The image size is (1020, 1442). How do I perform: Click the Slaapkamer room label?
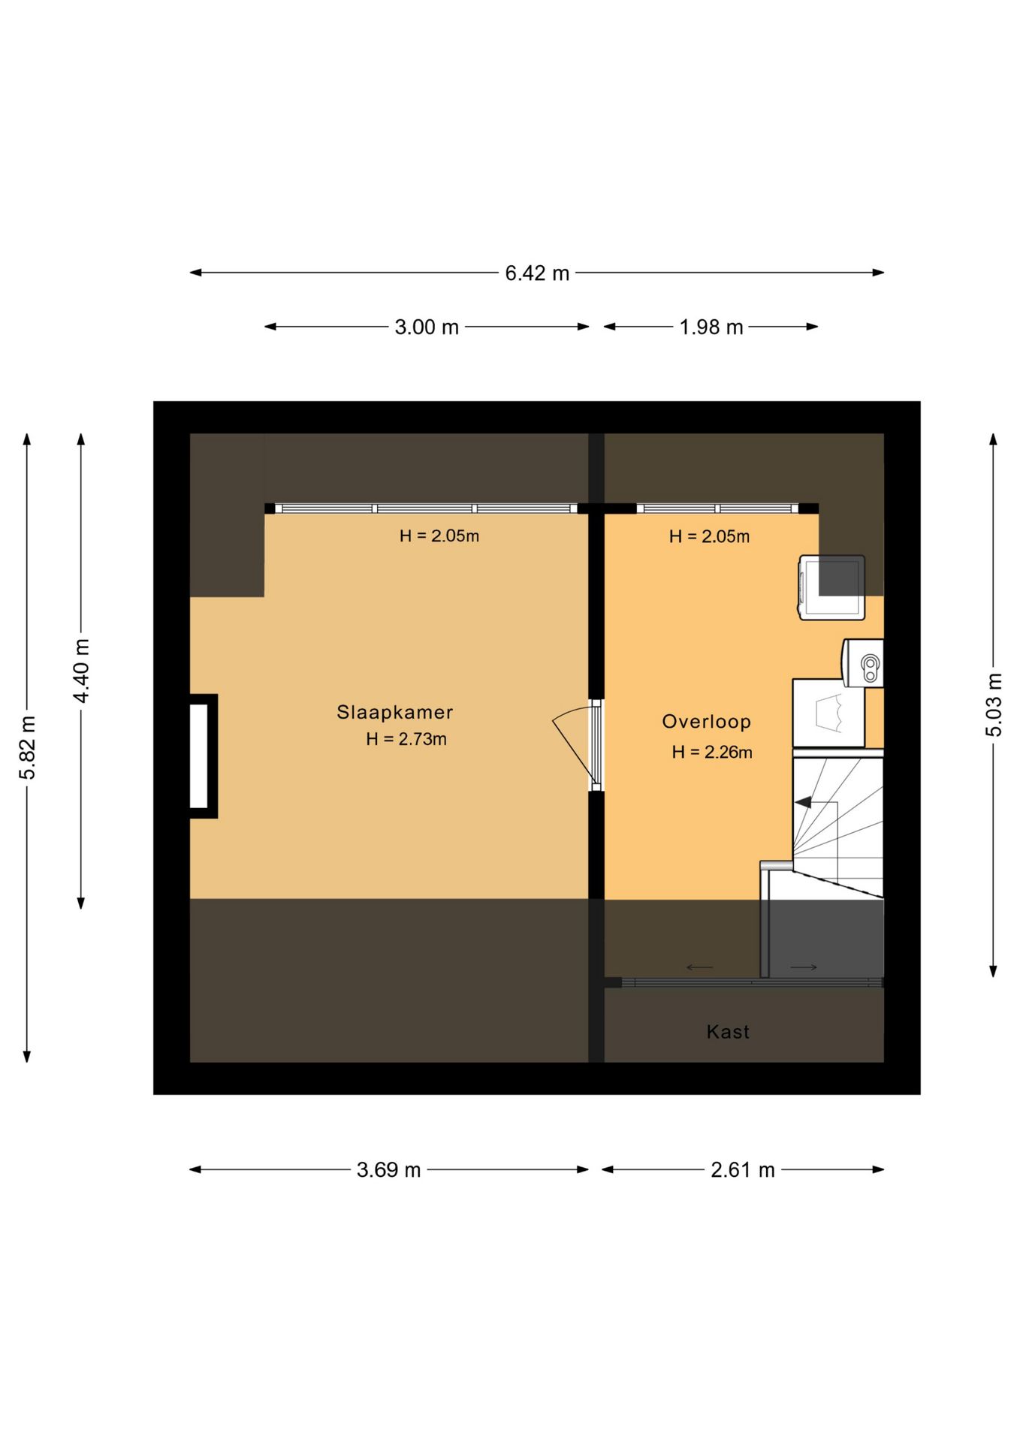(x=394, y=713)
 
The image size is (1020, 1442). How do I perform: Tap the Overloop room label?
(x=706, y=722)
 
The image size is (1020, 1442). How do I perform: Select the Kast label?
(x=728, y=1032)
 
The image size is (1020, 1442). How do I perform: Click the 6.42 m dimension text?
(x=537, y=273)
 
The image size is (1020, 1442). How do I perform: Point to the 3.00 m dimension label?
(x=427, y=327)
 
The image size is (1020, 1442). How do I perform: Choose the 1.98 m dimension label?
(x=711, y=327)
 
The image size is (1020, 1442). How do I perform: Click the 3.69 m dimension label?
(x=388, y=1170)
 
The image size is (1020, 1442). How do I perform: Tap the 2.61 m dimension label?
(x=743, y=1170)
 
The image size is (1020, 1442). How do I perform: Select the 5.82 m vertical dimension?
(x=28, y=748)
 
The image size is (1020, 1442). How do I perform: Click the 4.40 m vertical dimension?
(x=82, y=671)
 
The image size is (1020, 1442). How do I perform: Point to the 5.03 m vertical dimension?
(x=994, y=705)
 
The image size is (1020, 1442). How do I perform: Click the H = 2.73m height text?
(x=406, y=739)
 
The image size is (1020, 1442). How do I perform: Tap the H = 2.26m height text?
(x=712, y=752)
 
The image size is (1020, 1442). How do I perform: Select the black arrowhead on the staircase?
(x=803, y=802)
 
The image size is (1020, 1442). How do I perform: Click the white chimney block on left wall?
(x=199, y=756)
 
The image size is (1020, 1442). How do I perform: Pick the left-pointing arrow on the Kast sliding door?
(x=700, y=967)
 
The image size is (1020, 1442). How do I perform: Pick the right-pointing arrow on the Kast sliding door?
(x=804, y=967)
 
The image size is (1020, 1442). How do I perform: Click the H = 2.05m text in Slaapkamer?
(x=439, y=536)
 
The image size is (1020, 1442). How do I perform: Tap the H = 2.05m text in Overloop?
(x=709, y=536)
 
